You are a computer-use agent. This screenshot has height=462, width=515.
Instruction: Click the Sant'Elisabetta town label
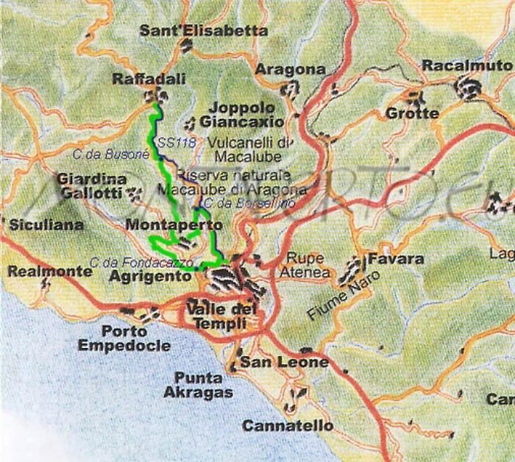click(204, 31)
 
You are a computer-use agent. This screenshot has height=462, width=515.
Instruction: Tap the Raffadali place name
click(149, 79)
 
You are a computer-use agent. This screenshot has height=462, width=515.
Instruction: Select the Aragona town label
click(290, 69)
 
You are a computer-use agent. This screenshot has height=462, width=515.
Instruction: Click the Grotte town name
click(412, 113)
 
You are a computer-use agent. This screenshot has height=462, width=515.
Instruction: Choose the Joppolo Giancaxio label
click(241, 114)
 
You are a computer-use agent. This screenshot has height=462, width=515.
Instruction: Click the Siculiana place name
click(46, 225)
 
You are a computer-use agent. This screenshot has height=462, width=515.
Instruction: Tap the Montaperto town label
click(174, 224)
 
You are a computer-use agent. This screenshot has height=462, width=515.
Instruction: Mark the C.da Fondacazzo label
click(141, 262)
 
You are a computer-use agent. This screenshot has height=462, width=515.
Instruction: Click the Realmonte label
click(50, 271)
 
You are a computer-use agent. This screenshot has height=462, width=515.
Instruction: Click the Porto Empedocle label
click(124, 338)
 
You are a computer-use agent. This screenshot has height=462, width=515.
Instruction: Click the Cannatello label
click(288, 426)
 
